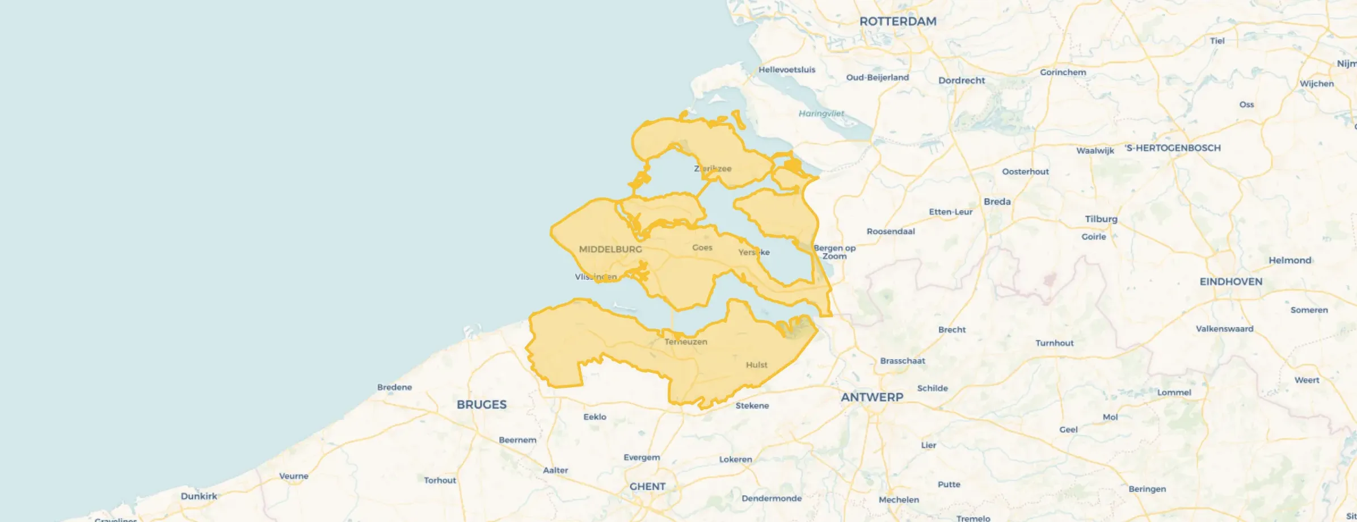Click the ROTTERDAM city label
[x=897, y=22]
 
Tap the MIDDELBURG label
[x=610, y=249]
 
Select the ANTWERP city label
[x=872, y=397]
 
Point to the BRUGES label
[x=482, y=405]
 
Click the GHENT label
[x=647, y=487]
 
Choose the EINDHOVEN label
[x=1231, y=282]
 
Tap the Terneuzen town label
[x=686, y=342]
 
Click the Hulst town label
[x=756, y=365]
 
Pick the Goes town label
[x=702, y=247]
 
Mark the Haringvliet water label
[x=821, y=113]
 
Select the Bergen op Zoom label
[x=835, y=252]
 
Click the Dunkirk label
[x=199, y=496]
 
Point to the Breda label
[x=997, y=201]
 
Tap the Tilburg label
[x=1101, y=219]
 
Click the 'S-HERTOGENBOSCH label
[x=1173, y=148]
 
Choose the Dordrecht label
[x=962, y=81]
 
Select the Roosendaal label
[x=891, y=231]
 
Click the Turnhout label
[x=1054, y=343]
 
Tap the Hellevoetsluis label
[x=787, y=70]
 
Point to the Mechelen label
[x=899, y=500]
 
